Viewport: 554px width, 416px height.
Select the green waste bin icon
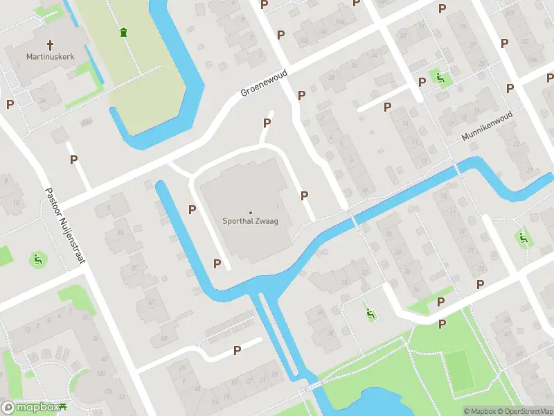[123, 32]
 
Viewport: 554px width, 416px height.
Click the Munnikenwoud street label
[487, 126]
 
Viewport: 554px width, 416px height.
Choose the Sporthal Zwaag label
[250, 222]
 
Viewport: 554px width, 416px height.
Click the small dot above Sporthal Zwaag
[250, 212]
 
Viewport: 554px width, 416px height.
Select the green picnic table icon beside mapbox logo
[63, 408]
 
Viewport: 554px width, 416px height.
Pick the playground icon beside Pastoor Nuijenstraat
[37, 260]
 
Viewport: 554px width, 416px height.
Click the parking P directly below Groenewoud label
[267, 123]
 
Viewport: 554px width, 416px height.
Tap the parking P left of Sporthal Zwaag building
[193, 209]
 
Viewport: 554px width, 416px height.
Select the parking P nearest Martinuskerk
[10, 104]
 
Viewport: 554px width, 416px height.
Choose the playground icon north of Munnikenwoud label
[439, 78]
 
